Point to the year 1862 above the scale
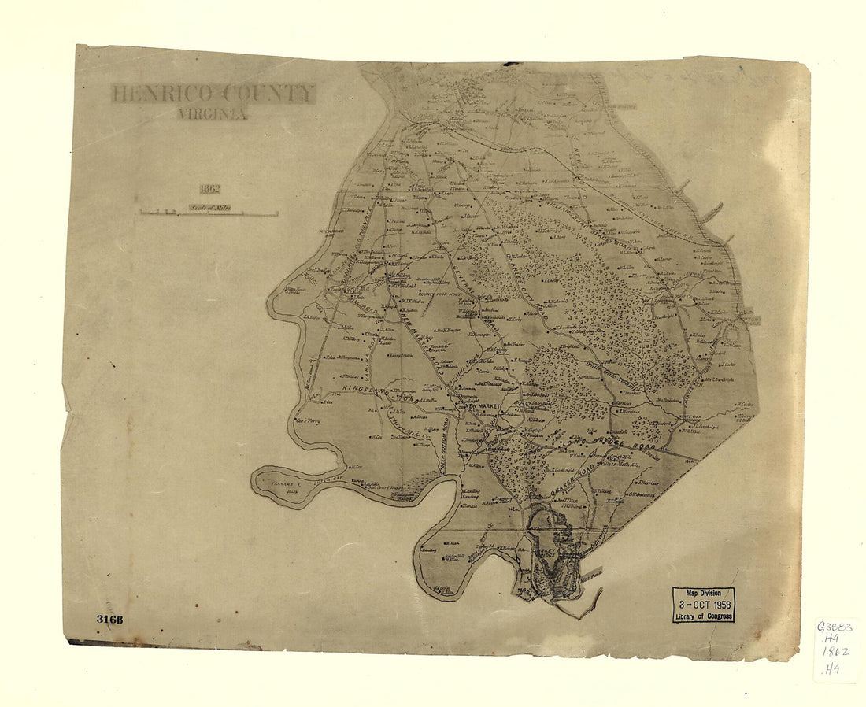[209, 190]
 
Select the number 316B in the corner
[110, 619]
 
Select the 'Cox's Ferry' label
[309, 421]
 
